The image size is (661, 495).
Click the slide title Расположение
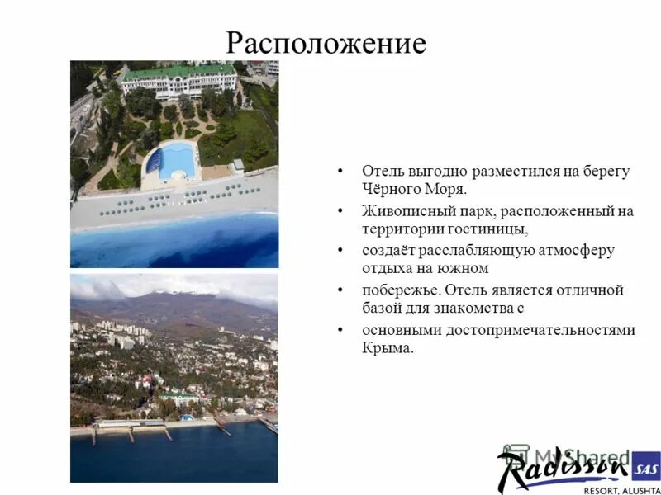click(x=326, y=42)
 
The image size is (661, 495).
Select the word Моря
click(x=444, y=188)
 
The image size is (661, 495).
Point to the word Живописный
click(x=402, y=210)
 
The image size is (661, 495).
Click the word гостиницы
click(x=486, y=228)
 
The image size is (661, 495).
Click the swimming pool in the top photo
click(x=175, y=159)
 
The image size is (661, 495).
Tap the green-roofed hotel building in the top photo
click(x=178, y=81)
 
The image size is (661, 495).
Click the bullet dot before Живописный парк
click(x=340, y=211)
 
